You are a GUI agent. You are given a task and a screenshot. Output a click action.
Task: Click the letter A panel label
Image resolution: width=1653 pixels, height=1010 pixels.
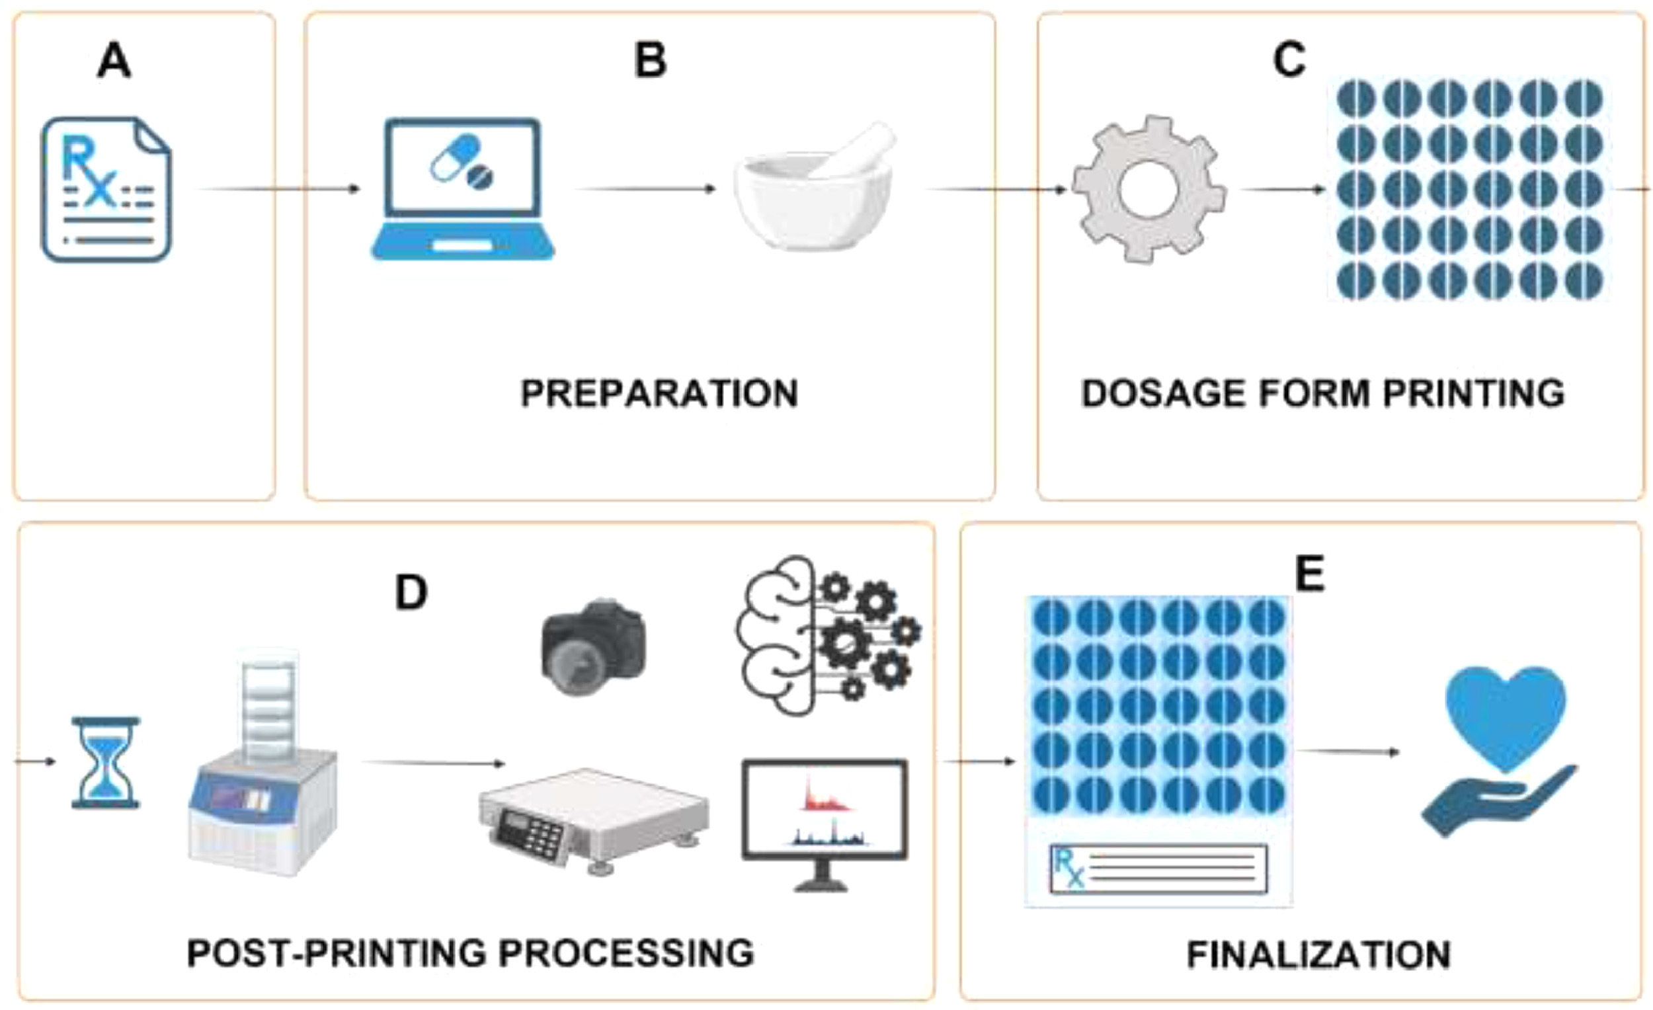114,61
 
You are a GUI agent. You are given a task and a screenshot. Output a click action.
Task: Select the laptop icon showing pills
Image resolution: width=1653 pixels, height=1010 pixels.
463,189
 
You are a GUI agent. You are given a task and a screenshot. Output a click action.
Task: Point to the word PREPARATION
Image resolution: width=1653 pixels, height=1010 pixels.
659,394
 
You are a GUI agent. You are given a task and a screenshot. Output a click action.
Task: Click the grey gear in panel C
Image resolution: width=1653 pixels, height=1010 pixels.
1149,189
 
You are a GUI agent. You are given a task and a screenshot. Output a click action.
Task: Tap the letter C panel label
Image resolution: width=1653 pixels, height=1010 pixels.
1289,60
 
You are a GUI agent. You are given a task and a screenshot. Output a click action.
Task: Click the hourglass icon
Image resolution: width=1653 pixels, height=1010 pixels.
106,763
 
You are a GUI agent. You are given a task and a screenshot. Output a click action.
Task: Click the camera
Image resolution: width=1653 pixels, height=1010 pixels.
594,646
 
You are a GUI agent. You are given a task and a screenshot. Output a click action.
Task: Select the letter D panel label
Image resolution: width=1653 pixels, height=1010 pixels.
411,593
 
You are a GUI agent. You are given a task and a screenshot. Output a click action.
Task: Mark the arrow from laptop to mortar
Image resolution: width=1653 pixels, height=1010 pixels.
645,189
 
